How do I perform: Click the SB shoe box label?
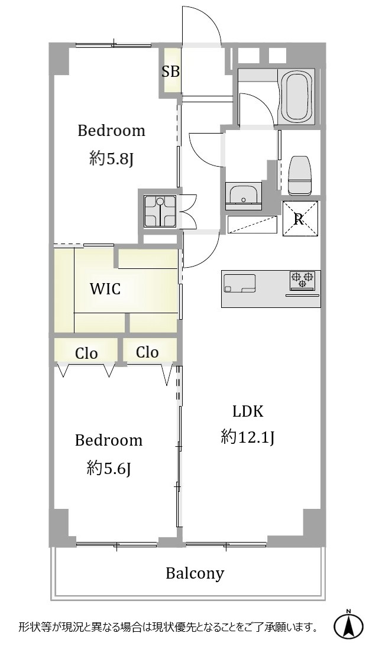click(170, 72)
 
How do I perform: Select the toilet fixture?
click(300, 175)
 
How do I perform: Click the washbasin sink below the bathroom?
click(243, 196)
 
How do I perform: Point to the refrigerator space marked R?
click(300, 218)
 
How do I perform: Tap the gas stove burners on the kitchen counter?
click(302, 279)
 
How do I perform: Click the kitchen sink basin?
click(240, 283)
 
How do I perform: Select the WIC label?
click(105, 289)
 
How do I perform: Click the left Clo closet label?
click(86, 353)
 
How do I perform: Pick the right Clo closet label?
click(147, 352)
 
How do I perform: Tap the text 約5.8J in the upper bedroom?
click(111, 158)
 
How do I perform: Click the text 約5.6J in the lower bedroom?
click(109, 468)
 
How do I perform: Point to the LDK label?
click(248, 411)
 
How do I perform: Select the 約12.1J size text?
click(248, 437)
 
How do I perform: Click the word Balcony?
click(195, 573)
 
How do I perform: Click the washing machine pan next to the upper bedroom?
click(160, 211)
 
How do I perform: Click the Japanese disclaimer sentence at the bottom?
click(168, 628)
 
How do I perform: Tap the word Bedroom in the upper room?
click(111, 131)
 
